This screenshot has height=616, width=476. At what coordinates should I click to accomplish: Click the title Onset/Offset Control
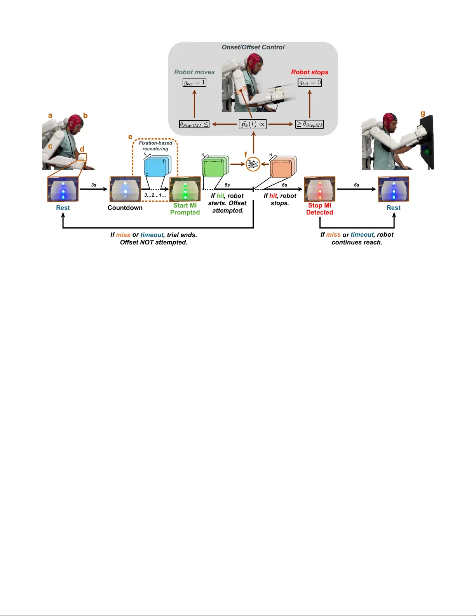click(253, 47)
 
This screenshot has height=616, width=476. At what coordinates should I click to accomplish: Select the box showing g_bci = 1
click(194, 82)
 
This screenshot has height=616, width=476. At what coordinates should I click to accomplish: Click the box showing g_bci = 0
click(310, 82)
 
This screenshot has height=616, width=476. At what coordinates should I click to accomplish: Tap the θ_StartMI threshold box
click(194, 124)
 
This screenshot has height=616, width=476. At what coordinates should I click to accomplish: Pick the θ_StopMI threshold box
click(309, 124)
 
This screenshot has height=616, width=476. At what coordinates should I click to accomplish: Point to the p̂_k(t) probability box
click(253, 124)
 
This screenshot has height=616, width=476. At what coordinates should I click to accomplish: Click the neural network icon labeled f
click(253, 164)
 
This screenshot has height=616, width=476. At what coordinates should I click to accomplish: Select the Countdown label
click(125, 208)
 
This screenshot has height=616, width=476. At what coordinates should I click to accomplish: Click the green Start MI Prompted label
click(185, 209)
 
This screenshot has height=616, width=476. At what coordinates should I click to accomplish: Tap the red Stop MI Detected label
click(319, 209)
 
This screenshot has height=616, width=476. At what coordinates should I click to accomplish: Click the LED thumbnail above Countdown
click(125, 189)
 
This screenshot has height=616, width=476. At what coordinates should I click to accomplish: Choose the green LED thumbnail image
click(185, 189)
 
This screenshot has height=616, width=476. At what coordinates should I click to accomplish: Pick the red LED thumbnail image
click(319, 189)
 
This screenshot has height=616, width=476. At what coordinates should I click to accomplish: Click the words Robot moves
click(194, 72)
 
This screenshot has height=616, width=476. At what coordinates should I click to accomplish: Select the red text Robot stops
click(310, 72)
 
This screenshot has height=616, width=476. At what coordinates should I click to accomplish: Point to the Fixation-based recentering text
click(155, 146)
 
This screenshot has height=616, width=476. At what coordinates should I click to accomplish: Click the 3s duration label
click(94, 185)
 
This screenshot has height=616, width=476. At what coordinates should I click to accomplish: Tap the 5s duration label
click(227, 185)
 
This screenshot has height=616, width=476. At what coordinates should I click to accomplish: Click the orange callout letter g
click(423, 113)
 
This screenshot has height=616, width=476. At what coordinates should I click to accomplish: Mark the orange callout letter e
click(130, 137)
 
